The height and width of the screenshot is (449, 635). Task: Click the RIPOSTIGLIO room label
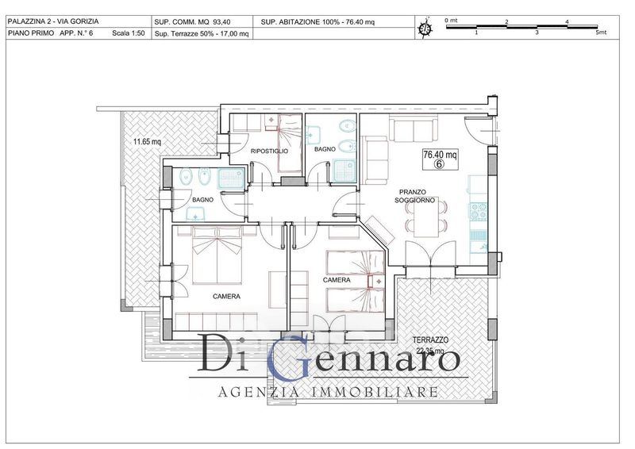tap(269, 151)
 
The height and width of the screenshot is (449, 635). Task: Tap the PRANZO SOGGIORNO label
tap(412, 196)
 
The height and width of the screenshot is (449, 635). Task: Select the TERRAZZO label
tap(430, 340)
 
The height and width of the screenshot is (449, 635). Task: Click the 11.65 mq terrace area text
tap(147, 142)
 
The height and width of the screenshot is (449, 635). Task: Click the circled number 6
tap(440, 163)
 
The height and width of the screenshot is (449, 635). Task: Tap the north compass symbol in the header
tap(425, 28)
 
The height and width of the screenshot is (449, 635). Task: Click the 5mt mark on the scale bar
tap(601, 33)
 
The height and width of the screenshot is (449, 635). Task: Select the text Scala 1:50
tap(129, 33)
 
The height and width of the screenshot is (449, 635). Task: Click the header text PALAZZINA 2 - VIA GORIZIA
tap(53, 21)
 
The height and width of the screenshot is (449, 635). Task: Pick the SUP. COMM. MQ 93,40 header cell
tap(192, 22)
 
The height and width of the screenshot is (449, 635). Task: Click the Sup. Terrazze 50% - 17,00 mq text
tap(202, 33)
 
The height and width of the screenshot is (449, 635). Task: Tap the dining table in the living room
tap(426, 220)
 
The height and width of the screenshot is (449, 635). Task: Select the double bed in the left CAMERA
tap(217, 255)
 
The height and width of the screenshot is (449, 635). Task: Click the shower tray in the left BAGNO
tap(231, 179)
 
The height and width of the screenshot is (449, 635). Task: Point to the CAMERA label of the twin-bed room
tap(337, 280)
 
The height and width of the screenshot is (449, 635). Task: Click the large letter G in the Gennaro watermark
tap(290, 358)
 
